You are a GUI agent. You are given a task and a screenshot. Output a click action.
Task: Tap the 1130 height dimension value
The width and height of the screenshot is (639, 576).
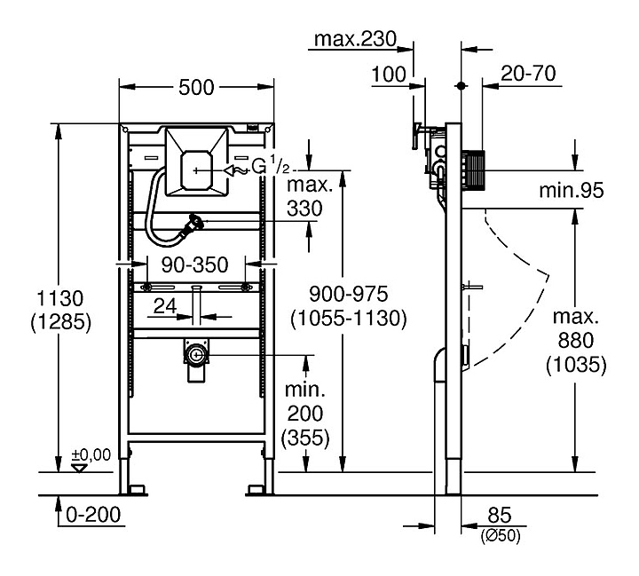pos(59,298)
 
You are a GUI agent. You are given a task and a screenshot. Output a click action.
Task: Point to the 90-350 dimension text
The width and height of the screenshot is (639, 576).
pos(191,264)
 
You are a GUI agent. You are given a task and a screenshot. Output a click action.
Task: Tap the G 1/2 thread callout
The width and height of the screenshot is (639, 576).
pos(270,166)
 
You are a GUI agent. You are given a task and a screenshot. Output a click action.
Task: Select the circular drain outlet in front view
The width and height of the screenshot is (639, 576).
pos(195,356)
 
